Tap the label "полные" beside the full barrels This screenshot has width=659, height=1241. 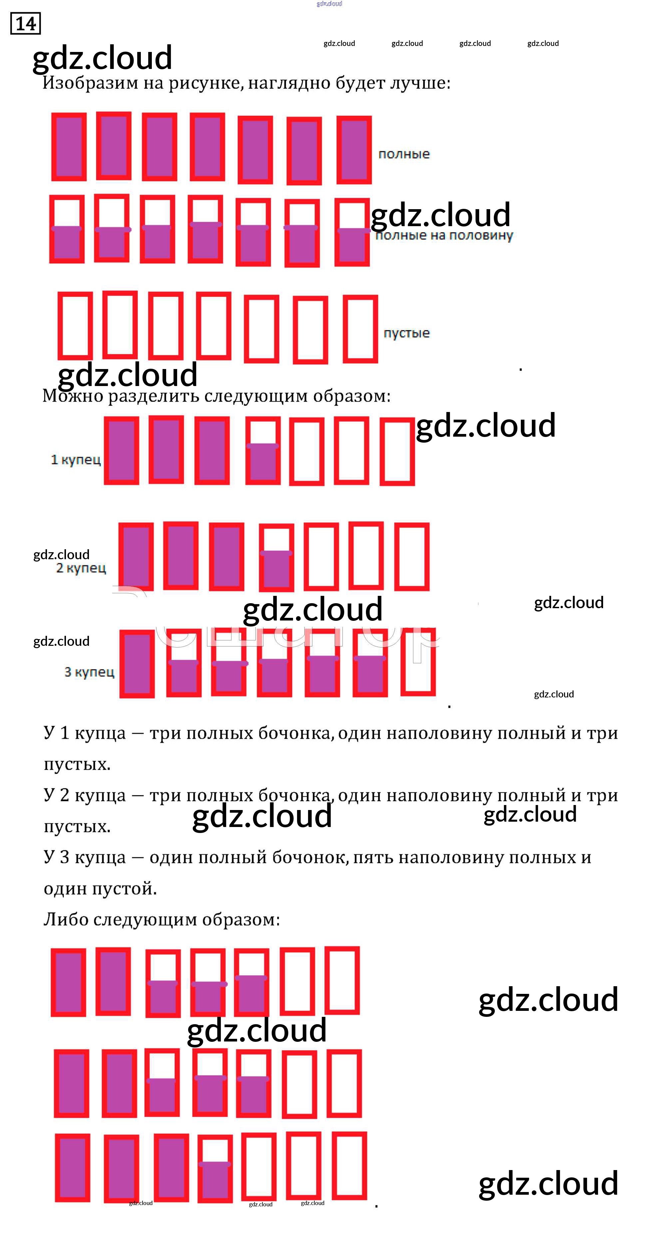point(404,154)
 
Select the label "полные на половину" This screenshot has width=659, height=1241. point(444,235)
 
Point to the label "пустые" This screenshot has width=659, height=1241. point(407,333)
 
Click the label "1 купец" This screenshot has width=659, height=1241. point(76,460)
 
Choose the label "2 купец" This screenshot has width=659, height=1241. point(81,568)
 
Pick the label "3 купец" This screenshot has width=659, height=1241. point(89,672)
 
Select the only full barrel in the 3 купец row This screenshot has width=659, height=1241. point(137,664)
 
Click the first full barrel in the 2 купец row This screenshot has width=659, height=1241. point(136,557)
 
